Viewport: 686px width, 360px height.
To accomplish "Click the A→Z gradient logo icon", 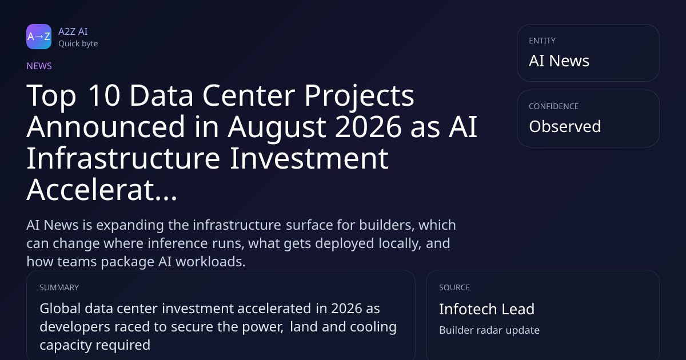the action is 39,37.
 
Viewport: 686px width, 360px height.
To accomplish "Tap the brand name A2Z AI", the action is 73,31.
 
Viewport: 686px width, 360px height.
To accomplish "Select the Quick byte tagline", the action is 78,44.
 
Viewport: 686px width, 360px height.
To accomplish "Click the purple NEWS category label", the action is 39,66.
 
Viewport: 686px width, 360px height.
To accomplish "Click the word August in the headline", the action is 277,127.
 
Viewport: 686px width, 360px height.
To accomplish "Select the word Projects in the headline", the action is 359,97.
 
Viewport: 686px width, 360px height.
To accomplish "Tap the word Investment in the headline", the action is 309,158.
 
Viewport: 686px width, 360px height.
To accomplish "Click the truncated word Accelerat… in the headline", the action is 102,190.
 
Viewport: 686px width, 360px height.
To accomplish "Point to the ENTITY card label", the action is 542,41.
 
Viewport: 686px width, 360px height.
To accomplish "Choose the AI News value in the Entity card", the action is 559,61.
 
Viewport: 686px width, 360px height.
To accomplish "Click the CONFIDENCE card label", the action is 554,106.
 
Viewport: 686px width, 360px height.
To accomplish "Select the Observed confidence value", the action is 565,126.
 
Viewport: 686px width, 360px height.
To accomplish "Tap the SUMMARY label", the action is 59,287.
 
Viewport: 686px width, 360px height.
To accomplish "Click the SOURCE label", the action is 454,287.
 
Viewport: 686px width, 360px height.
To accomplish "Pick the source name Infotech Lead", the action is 486,309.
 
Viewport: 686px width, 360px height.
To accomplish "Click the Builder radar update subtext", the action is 489,330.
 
